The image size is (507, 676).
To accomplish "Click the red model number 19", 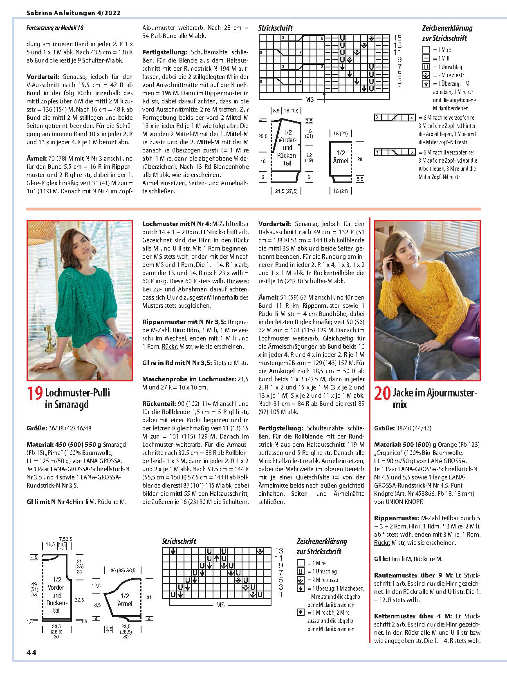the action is tap(34, 393).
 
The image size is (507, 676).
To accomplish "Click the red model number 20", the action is tap(383, 393).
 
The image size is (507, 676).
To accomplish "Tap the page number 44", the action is tap(31, 652).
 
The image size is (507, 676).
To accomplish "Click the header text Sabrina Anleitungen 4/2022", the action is tap(73, 13).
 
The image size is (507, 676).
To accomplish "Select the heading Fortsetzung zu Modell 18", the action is tap(55, 28).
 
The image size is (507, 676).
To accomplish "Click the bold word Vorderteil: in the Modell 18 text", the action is tap(43, 77).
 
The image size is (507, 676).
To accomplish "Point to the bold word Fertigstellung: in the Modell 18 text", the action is tap(164, 52).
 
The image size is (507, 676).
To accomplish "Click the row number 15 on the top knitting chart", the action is tap(397, 38).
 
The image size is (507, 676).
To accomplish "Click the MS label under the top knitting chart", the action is tap(309, 99).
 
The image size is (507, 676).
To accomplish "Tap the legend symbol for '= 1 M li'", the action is tap(426, 58).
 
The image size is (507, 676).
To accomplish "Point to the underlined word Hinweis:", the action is tap(238, 281).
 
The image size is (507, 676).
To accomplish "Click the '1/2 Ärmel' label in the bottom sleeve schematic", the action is tap(125, 600).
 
